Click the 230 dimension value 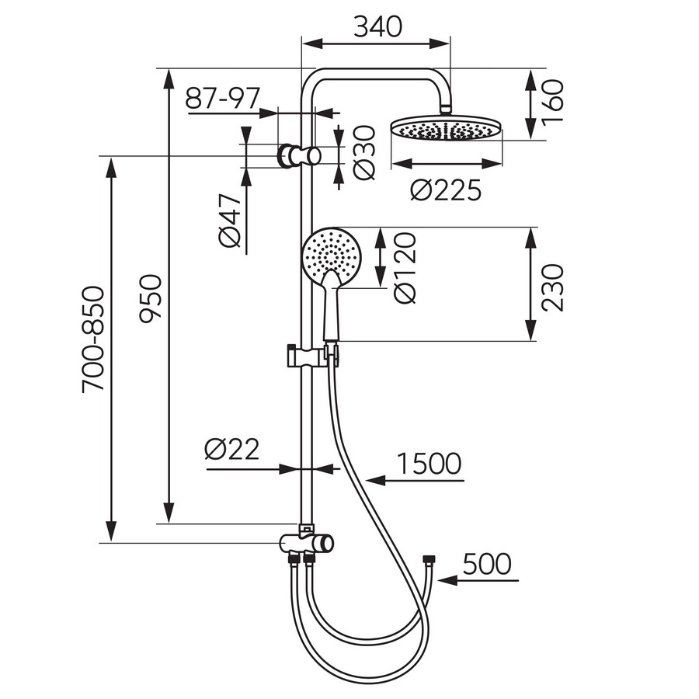[x=553, y=287]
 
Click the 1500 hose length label [x=429, y=464]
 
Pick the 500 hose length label [x=487, y=564]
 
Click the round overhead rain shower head [x=447, y=129]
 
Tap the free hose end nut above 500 [x=429, y=558]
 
